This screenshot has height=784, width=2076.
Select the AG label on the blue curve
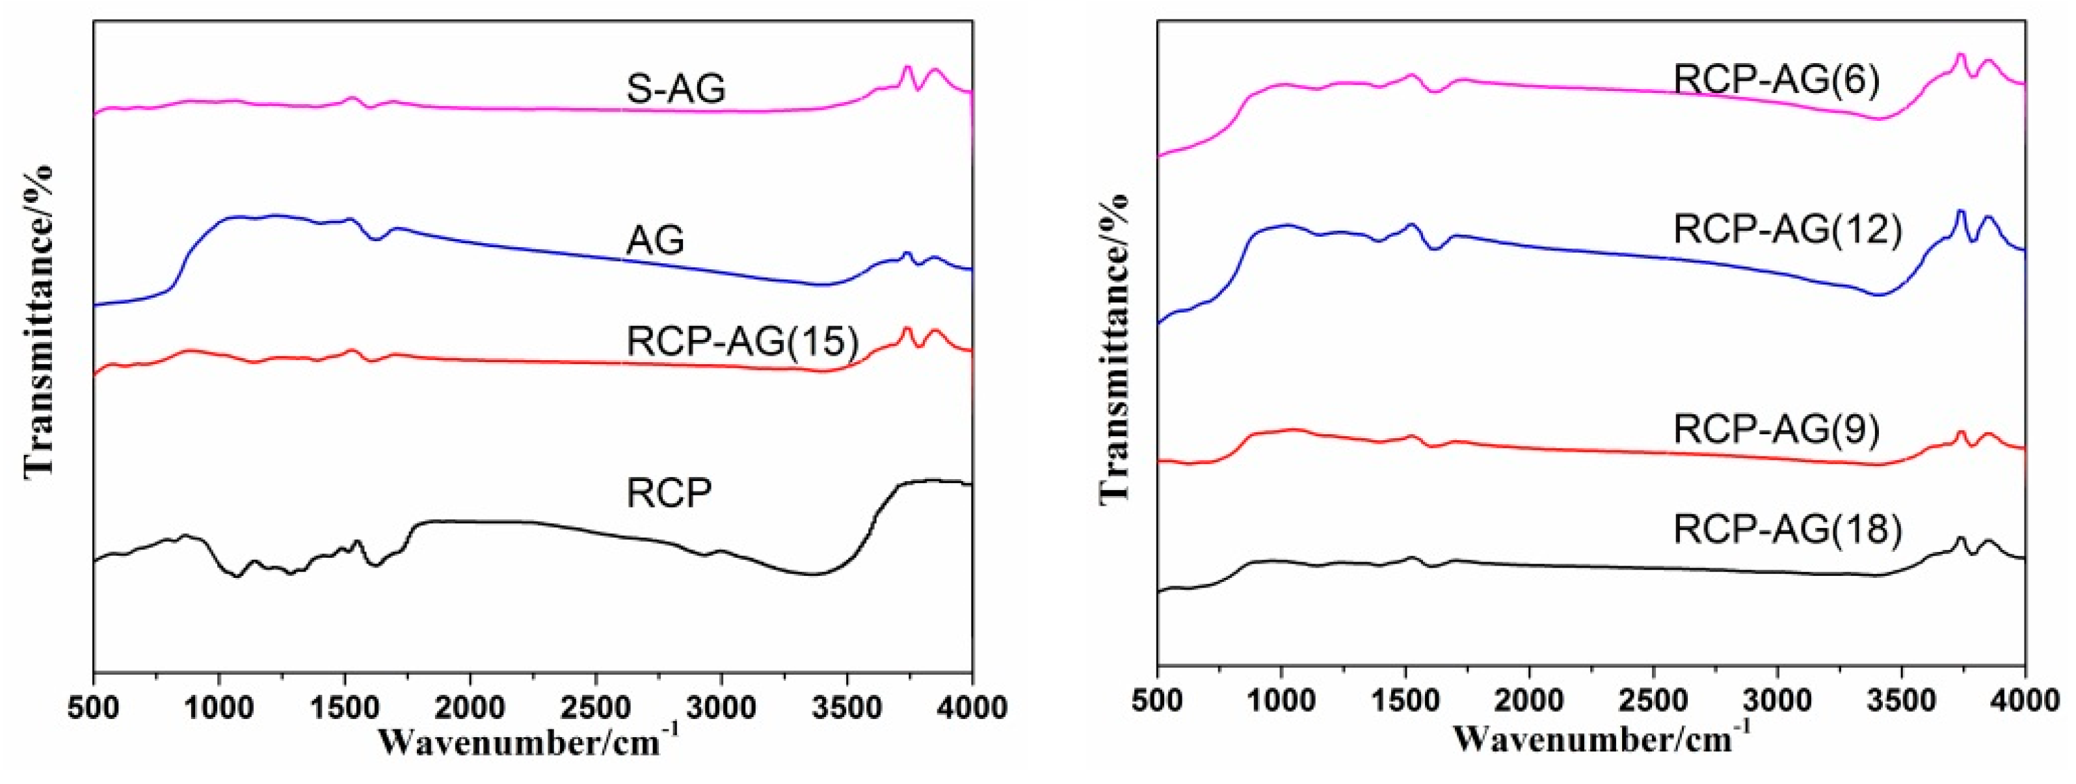(655, 240)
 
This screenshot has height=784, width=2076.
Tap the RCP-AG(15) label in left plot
(741, 342)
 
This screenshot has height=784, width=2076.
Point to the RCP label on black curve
(669, 493)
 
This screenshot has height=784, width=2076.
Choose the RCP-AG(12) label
(1787, 229)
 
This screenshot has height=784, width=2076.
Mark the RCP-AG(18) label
(1787, 529)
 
